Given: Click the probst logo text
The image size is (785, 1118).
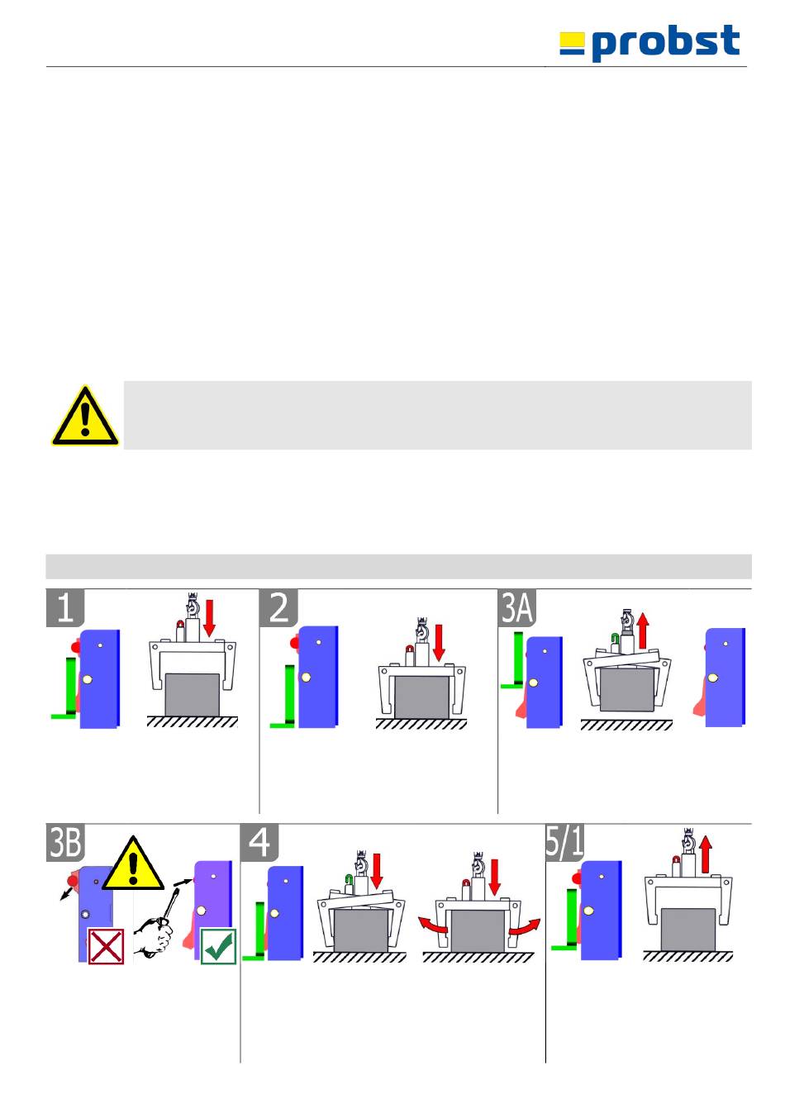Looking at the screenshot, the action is (666, 43).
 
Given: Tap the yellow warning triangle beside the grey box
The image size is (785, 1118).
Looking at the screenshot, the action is (84, 416).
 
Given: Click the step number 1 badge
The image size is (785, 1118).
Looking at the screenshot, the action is (65, 607).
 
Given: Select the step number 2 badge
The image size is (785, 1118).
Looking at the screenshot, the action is (279, 607).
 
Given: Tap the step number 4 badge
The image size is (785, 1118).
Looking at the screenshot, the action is (259, 842).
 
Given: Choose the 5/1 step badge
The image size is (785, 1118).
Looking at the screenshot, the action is (564, 842).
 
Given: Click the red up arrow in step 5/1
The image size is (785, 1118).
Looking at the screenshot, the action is (705, 854).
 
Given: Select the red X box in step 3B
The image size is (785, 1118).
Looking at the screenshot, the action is (106, 946).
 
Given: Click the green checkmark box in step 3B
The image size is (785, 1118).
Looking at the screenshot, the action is (218, 946).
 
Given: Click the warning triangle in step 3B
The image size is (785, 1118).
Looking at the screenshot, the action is (133, 863).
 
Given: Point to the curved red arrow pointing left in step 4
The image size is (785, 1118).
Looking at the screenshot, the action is (433, 924).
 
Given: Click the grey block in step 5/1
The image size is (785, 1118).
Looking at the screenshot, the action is (687, 930).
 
